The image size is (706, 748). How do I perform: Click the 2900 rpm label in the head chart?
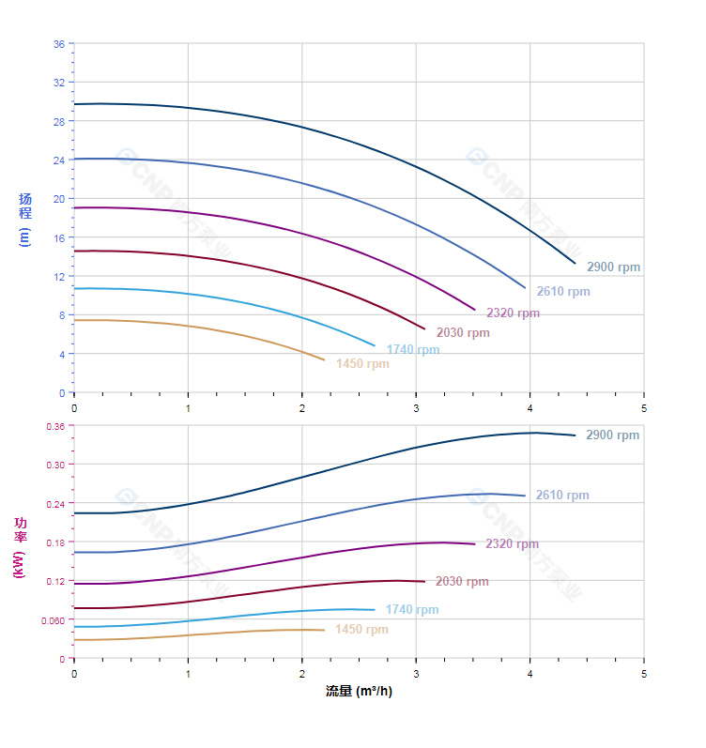pyautogui.click(x=613, y=267)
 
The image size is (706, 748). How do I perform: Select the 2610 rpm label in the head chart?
pyautogui.click(x=563, y=292)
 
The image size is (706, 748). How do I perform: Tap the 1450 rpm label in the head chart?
pyautogui.click(x=362, y=364)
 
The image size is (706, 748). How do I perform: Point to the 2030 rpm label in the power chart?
pyautogui.click(x=462, y=582)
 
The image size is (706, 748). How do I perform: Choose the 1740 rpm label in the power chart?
pyautogui.click(x=411, y=610)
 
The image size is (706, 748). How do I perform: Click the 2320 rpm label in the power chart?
pyautogui.click(x=512, y=544)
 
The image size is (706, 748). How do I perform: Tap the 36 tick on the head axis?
pyautogui.click(x=59, y=44)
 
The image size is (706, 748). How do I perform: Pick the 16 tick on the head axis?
pyautogui.click(x=59, y=237)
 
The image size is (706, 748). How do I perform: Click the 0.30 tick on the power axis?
pyautogui.click(x=55, y=465)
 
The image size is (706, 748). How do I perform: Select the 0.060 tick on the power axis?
pyautogui.click(x=54, y=620)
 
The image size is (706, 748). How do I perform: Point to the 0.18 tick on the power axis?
pyautogui.click(x=55, y=542)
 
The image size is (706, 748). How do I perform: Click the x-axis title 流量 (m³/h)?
pyautogui.click(x=359, y=692)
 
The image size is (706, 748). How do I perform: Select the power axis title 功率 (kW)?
pyautogui.click(x=19, y=547)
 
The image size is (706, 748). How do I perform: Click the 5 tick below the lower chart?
pyautogui.click(x=644, y=674)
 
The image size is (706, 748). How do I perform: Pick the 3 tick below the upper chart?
pyautogui.click(x=416, y=408)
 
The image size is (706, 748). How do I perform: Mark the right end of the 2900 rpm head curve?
pyautogui.click(x=575, y=263)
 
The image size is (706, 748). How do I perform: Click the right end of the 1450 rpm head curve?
pyautogui.click(x=324, y=359)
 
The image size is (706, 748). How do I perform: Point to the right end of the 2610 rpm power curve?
pyautogui.click(x=525, y=496)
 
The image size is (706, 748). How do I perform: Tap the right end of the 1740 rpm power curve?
pyautogui.click(x=375, y=610)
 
